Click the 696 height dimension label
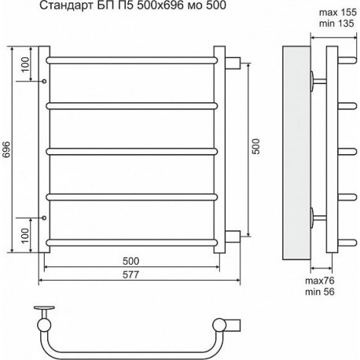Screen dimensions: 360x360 coord(6,149)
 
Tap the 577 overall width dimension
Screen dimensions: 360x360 coord(130,274)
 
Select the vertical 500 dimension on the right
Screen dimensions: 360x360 coord(255,146)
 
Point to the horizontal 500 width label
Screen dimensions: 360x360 coord(130,261)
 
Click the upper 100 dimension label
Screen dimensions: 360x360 coord(25,64)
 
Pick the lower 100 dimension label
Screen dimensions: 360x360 coord(25,236)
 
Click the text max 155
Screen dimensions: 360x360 coord(338,12)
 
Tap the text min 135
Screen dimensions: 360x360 coord(336,24)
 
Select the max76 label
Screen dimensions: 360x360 coord(320,281)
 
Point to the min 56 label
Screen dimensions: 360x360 coord(320,292)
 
